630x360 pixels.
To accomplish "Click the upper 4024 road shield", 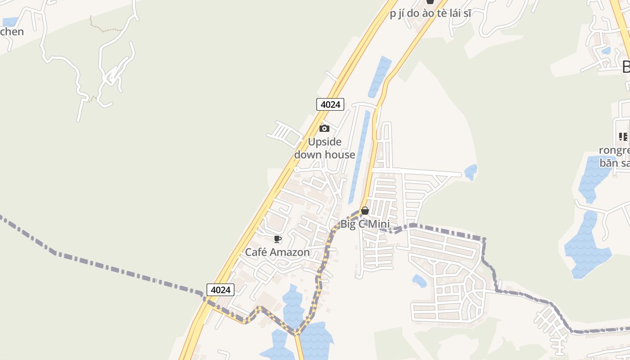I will [x=330, y=104].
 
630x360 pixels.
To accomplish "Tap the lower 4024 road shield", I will [x=220, y=290].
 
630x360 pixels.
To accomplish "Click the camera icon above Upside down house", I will [x=324, y=129].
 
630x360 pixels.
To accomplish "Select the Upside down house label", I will [x=324, y=148].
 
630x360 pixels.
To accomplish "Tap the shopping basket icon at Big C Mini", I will [x=365, y=211].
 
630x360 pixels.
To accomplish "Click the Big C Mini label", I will [x=365, y=224].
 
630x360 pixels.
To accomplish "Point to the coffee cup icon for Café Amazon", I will [x=278, y=239].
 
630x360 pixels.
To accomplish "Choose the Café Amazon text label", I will [x=277, y=252].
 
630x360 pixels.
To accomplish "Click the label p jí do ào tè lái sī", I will [x=431, y=13].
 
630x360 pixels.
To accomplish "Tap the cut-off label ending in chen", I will [x=12, y=32].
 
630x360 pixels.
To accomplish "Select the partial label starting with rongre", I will [x=615, y=150].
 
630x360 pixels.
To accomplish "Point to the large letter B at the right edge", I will [x=626, y=67].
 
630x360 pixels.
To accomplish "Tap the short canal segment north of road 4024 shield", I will [x=380, y=76].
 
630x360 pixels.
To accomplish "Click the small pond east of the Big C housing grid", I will [x=471, y=172].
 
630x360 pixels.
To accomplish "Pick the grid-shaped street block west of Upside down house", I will [x=284, y=134].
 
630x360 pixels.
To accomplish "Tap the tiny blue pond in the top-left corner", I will [x=10, y=21].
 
